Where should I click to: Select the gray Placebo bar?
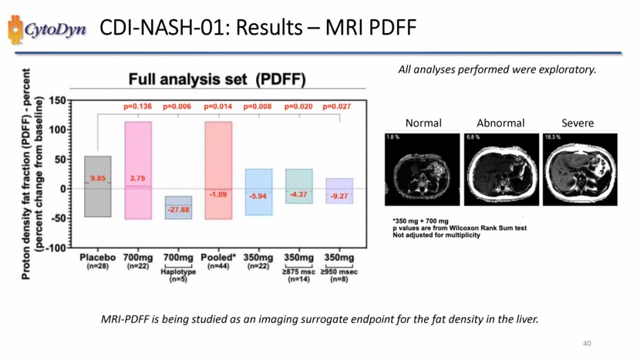point(97,187)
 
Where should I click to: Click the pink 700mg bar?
point(139,170)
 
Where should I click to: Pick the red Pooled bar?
point(218,170)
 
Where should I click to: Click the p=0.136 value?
point(139,106)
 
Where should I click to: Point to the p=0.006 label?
point(179,106)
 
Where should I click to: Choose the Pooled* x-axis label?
point(218,257)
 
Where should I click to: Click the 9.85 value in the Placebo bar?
point(97,177)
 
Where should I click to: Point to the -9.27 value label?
point(339,197)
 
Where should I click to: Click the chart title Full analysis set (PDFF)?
point(217,79)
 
